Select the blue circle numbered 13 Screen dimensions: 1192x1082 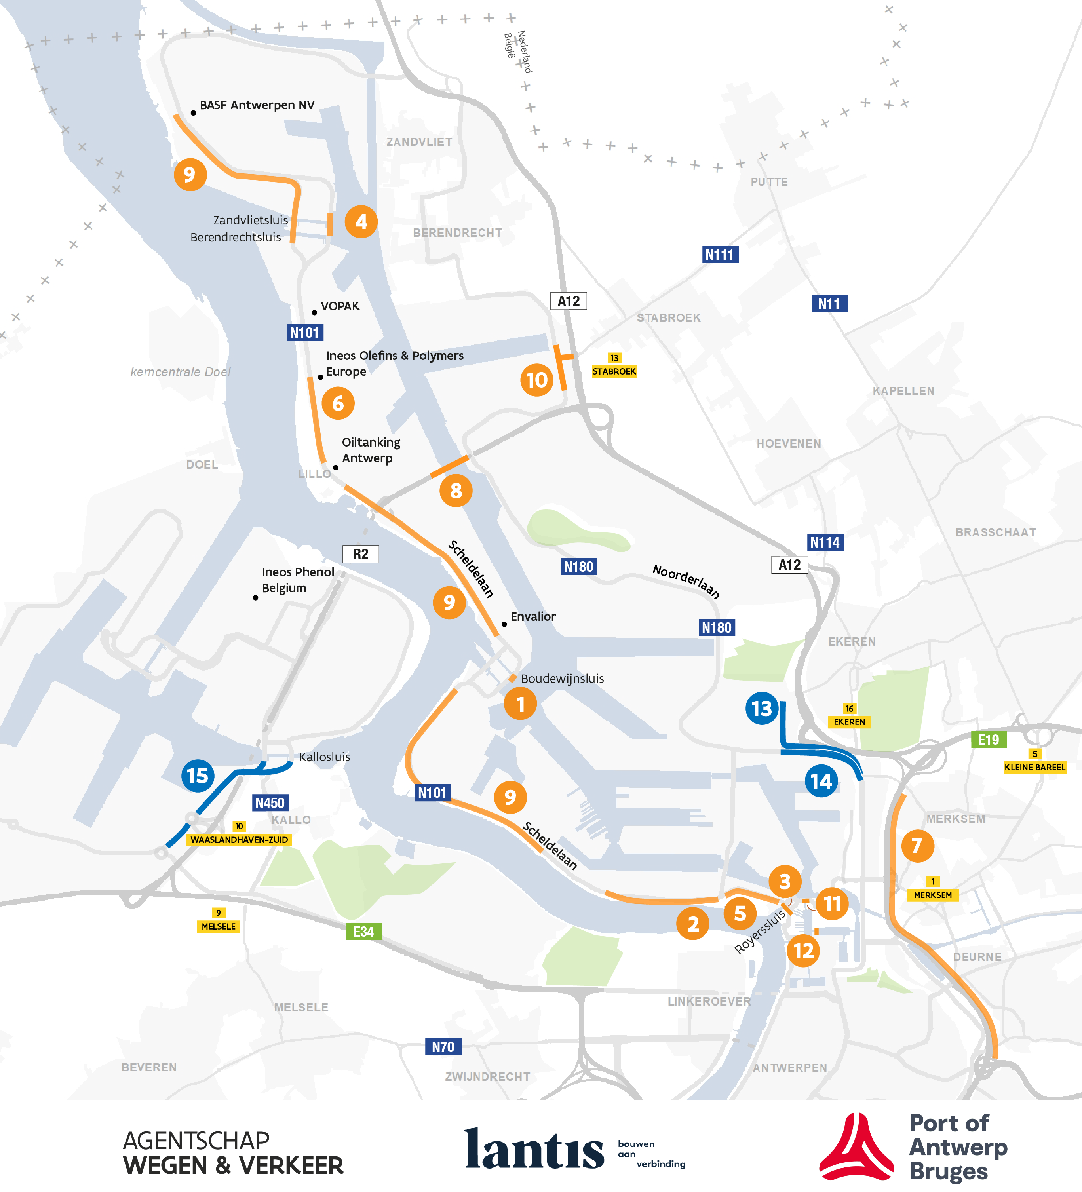[762, 708]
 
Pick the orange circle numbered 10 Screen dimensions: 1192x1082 [537, 380]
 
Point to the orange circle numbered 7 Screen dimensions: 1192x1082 [917, 846]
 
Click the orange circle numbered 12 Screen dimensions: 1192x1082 [803, 951]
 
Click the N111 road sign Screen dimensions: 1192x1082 [720, 255]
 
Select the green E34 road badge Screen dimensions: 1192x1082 [363, 932]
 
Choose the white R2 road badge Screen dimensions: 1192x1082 [361, 554]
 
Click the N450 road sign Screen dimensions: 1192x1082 [270, 803]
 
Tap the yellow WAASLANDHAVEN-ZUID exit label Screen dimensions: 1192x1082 [239, 840]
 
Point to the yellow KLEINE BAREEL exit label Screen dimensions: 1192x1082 [1035, 768]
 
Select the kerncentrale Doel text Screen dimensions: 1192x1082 [181, 372]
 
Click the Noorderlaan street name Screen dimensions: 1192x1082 [686, 581]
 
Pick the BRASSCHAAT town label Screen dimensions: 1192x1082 [996, 532]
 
